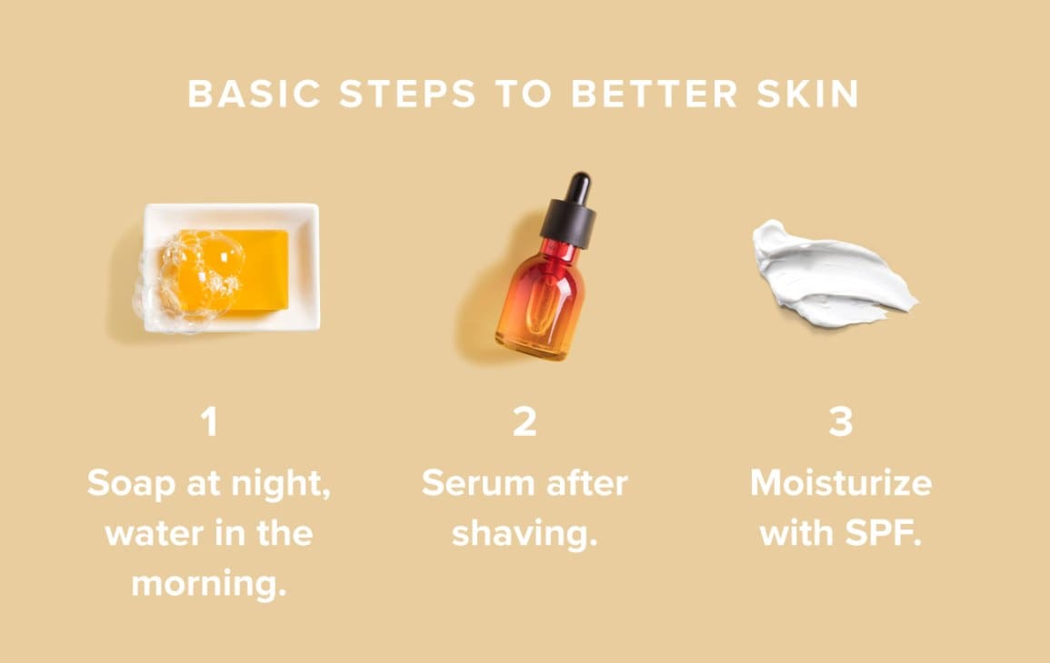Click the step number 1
[x=210, y=423]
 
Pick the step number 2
[x=525, y=423]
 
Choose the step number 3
[x=841, y=423]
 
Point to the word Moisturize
[x=841, y=483]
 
